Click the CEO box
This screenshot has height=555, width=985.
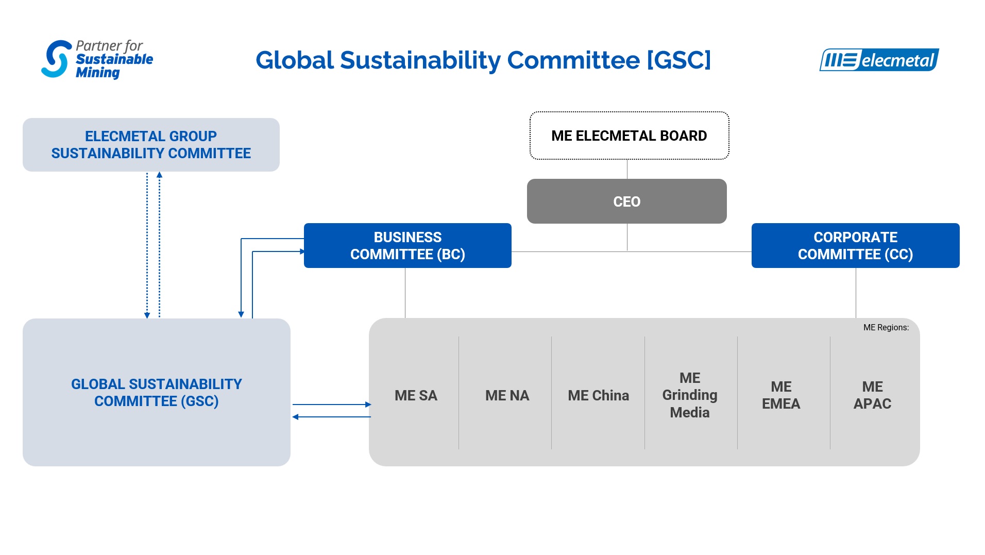tap(626, 201)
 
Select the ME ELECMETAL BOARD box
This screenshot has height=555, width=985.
tap(629, 136)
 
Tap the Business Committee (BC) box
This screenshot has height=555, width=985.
tap(407, 245)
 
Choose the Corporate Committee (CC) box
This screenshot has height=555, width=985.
tap(855, 245)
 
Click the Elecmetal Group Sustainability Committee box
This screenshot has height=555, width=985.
tap(151, 145)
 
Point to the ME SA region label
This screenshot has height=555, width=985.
tap(416, 395)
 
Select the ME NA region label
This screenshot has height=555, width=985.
tap(507, 395)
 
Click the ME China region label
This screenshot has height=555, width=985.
tap(598, 395)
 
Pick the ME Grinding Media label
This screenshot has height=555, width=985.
tap(690, 395)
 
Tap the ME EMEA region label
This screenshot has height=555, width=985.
tap(781, 395)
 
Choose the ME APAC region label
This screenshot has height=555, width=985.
tap(872, 395)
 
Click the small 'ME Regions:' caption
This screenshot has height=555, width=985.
tap(886, 327)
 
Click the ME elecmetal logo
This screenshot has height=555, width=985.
tap(879, 60)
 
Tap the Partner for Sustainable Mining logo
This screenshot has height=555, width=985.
tap(97, 59)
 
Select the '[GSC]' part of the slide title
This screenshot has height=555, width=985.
tap(679, 60)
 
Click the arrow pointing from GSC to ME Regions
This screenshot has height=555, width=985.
tap(332, 405)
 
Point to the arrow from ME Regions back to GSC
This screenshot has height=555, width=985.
tap(332, 417)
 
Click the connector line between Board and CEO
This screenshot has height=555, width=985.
tap(627, 169)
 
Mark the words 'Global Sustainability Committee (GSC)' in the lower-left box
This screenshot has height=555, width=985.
tap(157, 393)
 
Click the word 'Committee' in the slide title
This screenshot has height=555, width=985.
tap(573, 60)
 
